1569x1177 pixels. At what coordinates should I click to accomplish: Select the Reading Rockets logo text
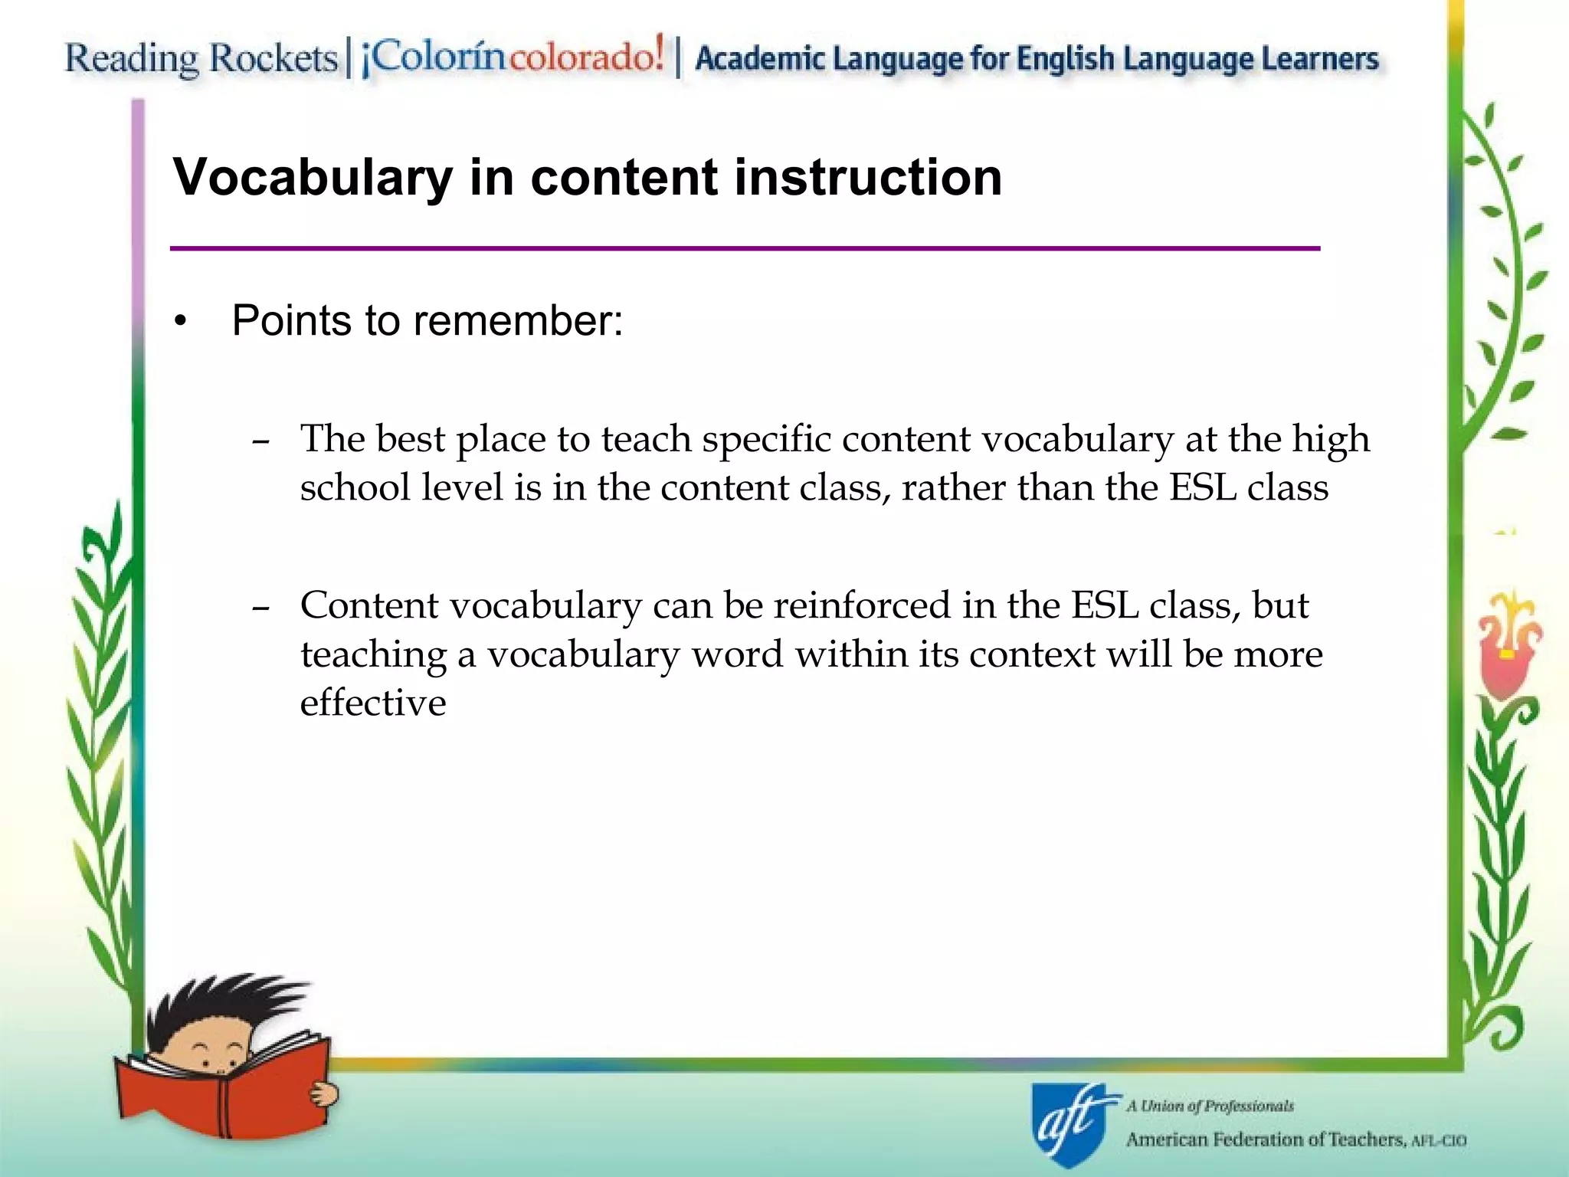201,59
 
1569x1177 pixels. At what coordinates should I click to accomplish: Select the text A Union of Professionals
1210,1106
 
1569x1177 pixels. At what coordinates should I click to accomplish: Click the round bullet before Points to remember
180,322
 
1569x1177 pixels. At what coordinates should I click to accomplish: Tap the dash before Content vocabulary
260,608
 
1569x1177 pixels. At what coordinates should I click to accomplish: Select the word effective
373,702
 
